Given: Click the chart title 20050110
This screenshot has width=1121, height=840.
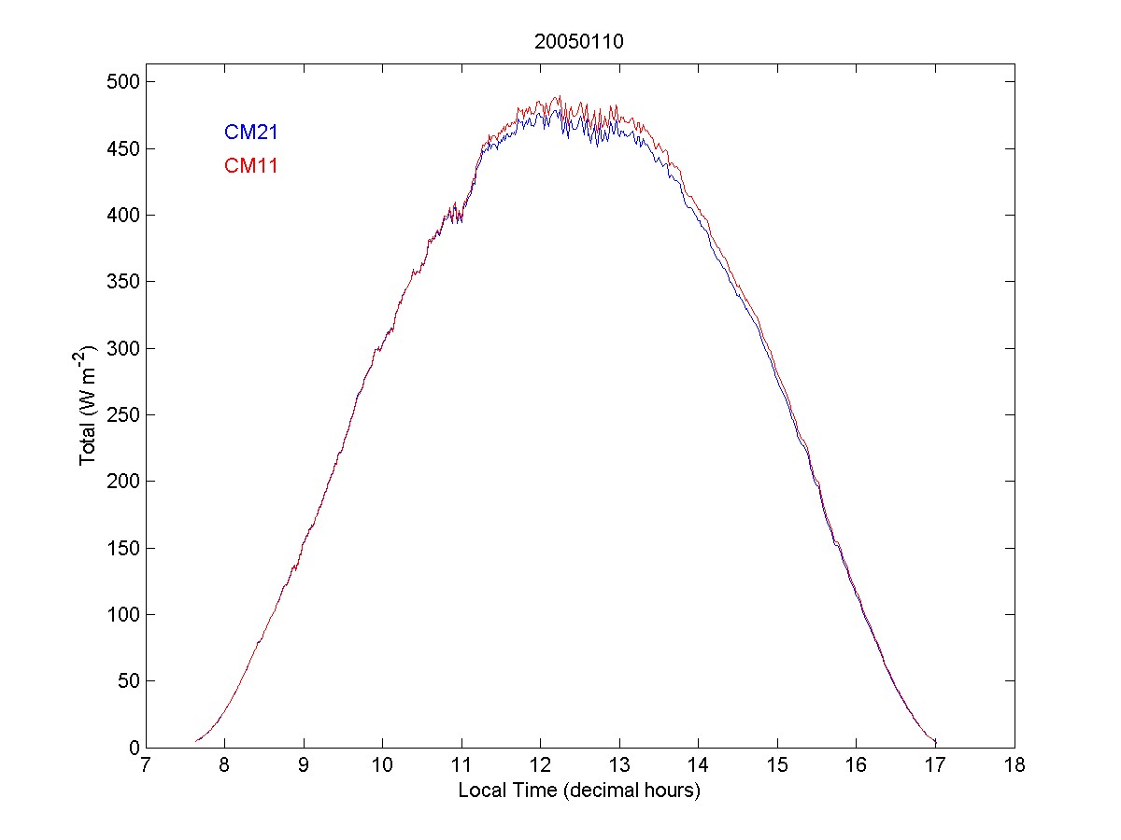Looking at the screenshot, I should point(578,42).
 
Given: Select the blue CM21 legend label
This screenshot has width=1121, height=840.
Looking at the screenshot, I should point(250,133).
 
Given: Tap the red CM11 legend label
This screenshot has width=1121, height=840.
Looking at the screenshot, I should point(250,166).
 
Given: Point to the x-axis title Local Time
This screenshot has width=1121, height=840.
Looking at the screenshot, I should point(578,791).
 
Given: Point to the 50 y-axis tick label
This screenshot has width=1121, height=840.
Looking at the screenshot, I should point(129,681).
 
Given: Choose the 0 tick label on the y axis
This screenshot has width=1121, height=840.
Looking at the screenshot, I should point(134,748).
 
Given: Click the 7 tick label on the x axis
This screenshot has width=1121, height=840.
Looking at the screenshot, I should point(145,765).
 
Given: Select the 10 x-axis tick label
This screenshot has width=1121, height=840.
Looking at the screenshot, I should point(382,765).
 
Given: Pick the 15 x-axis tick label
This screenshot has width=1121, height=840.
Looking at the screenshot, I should point(777,765).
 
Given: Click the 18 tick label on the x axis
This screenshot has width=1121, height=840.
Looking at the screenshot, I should point(1015,765).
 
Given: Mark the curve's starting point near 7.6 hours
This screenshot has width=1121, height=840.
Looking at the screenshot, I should point(196,741).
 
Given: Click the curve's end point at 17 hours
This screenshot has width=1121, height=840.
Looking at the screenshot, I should point(935,742).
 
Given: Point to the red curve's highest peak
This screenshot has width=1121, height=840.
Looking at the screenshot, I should point(558,96).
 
